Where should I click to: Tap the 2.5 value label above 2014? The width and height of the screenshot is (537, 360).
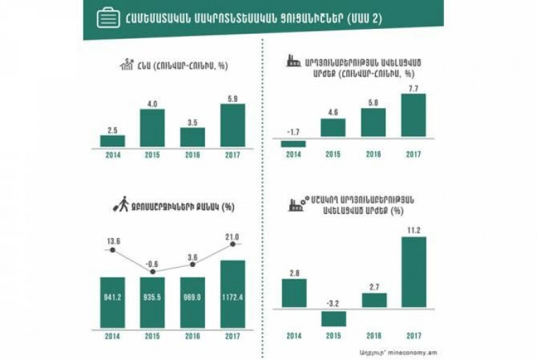[112, 129]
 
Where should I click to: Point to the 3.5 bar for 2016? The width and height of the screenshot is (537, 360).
[192, 136]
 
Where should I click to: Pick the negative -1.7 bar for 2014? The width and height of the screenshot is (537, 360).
[293, 143]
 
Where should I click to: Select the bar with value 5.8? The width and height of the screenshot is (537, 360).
[373, 123]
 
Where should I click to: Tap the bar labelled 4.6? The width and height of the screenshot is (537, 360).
[333, 128]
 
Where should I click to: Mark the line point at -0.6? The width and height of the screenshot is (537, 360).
[152, 272]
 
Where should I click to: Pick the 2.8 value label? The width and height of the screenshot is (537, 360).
[293, 272]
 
